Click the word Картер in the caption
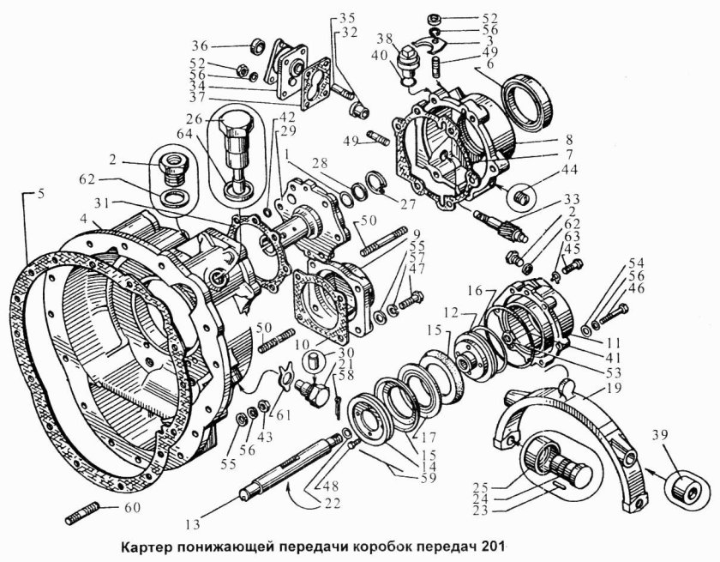tap(147, 544)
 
